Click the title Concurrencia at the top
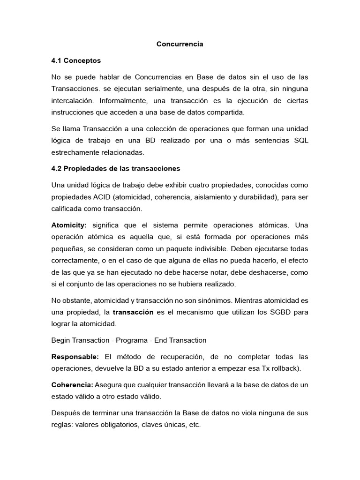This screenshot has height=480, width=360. [180, 44]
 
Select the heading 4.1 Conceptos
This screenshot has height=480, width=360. [76, 60]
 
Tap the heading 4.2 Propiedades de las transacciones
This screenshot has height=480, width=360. [115, 168]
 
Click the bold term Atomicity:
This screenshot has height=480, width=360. [69, 225]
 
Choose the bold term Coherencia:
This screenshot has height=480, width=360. [72, 385]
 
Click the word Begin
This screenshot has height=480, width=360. [61, 340]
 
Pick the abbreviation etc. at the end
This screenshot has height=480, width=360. [193, 425]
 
